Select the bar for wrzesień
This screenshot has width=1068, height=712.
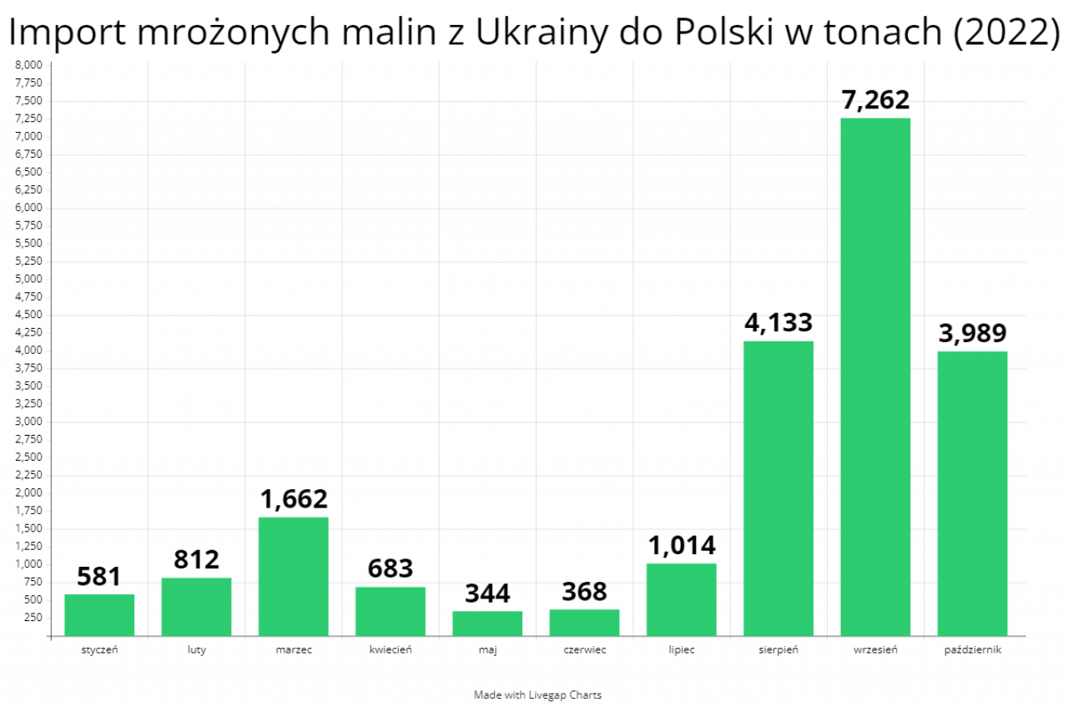[x=874, y=376]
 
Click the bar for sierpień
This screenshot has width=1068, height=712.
[x=778, y=488]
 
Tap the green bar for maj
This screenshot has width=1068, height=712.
[x=487, y=624]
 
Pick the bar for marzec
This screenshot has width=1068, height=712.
[x=293, y=576]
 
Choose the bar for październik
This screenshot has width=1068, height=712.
[x=972, y=493]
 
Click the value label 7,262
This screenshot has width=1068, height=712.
[x=874, y=100]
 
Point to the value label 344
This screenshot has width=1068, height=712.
[x=487, y=593]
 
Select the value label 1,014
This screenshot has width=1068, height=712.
[x=682, y=546]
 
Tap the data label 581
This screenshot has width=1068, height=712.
[x=99, y=577]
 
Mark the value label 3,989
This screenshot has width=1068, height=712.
[x=972, y=334]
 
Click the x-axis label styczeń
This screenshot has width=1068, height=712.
[x=99, y=649]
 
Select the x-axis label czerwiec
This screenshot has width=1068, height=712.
[x=584, y=649]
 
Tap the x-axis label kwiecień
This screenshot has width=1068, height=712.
[x=390, y=649]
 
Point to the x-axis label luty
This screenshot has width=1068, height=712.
[x=196, y=649]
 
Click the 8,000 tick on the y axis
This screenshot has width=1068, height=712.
[x=28, y=65]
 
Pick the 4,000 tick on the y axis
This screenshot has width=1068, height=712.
[x=28, y=351]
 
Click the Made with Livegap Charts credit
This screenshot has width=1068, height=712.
[x=537, y=694]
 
